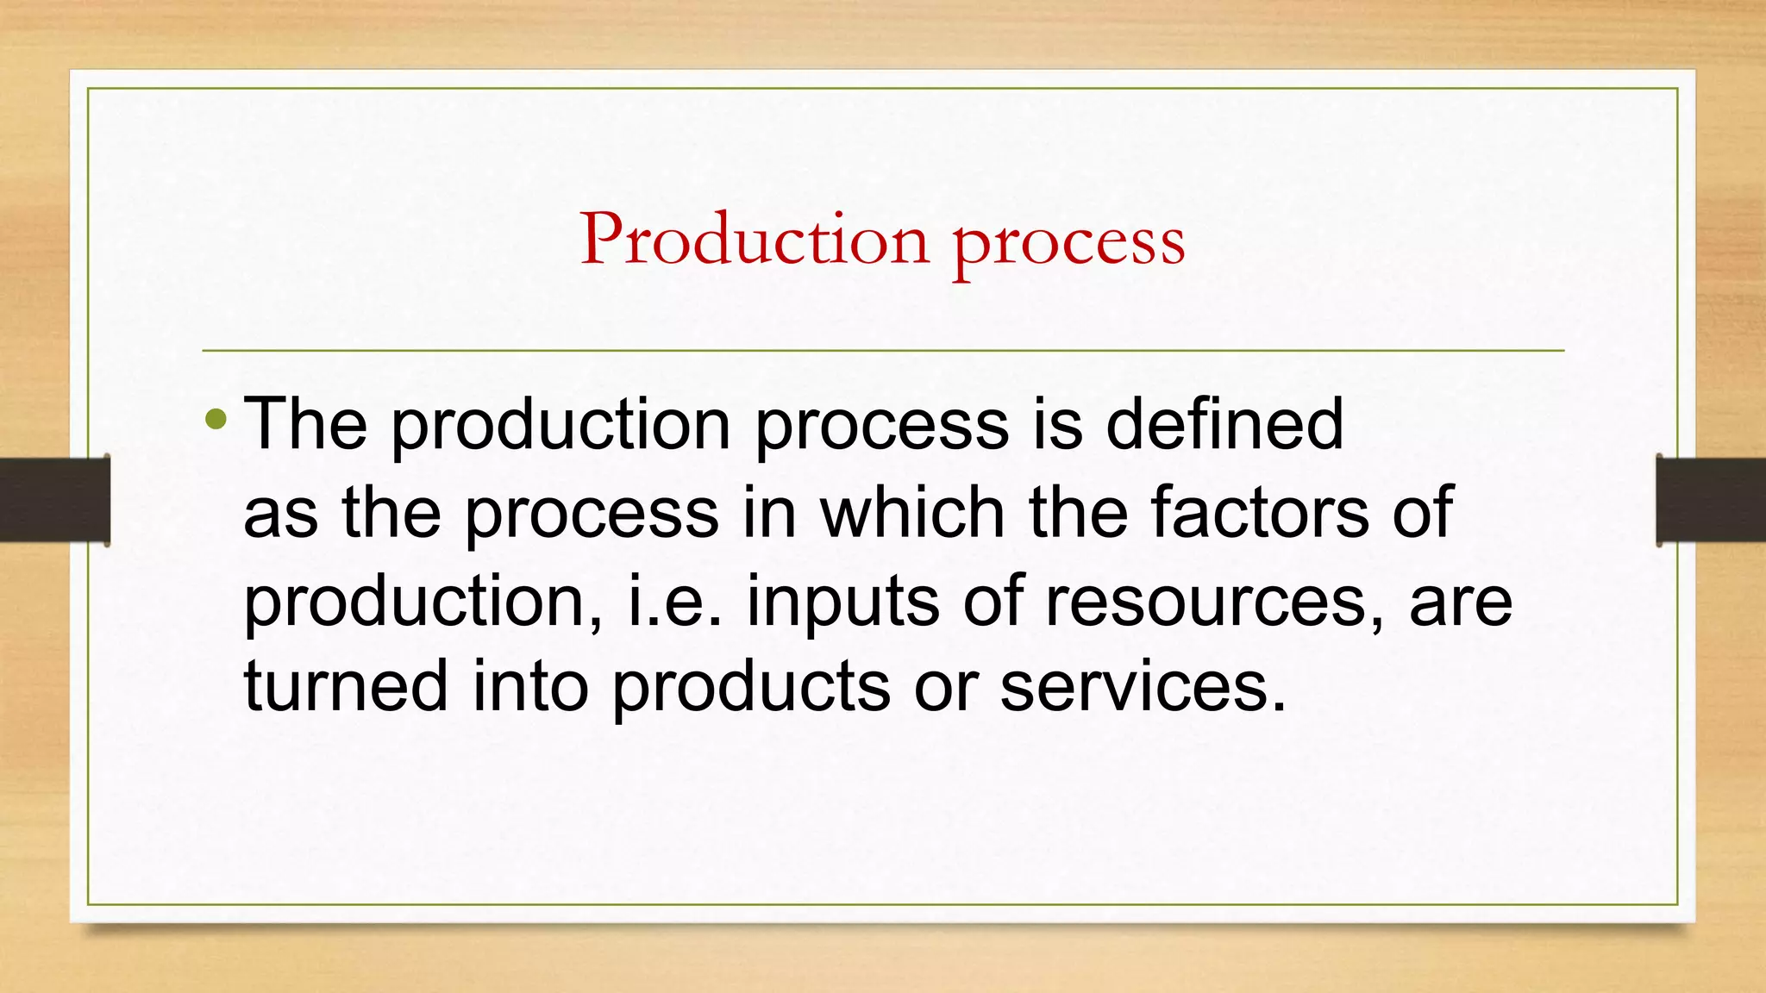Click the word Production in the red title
pyautogui.click(x=755, y=239)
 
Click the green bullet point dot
pyautogui.click(x=216, y=421)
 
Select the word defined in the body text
pyautogui.click(x=1224, y=423)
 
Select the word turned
pyautogui.click(x=346, y=686)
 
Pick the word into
pyautogui.click(x=529, y=686)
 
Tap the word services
pyautogui.click(x=1143, y=687)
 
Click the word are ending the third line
pyautogui.click(x=1461, y=602)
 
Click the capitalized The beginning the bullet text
pyautogui.click(x=305, y=423)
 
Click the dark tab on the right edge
pyautogui.click(x=1711, y=500)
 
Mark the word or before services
pyautogui.click(x=945, y=688)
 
